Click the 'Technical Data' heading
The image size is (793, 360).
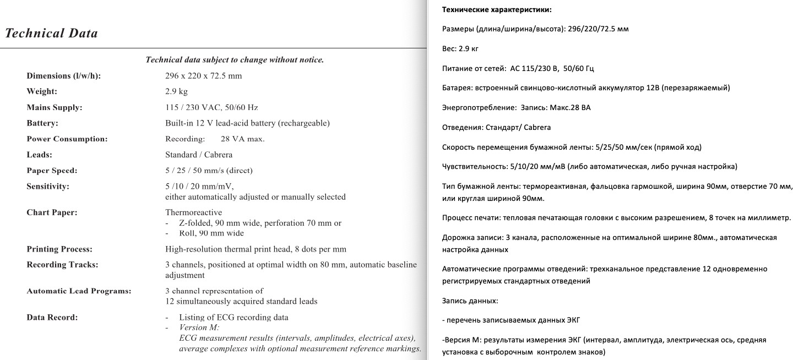(x=51, y=34)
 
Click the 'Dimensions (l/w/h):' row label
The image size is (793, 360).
(x=64, y=76)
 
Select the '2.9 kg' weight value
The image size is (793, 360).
(x=176, y=91)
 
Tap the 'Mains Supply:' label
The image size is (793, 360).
(x=54, y=107)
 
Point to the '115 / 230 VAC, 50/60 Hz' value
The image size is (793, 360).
(x=211, y=107)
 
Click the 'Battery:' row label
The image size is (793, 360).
(x=42, y=123)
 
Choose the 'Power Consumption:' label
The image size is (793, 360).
(x=67, y=139)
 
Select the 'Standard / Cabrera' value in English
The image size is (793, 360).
(x=199, y=155)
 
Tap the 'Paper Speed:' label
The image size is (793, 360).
(x=52, y=171)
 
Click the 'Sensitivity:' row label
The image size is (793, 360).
(x=48, y=187)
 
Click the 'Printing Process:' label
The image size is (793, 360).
(x=59, y=249)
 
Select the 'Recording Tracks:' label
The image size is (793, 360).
(x=62, y=265)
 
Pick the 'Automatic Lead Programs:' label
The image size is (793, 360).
(x=79, y=291)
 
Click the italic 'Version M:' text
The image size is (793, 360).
(x=199, y=328)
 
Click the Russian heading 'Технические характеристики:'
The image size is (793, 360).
(x=497, y=10)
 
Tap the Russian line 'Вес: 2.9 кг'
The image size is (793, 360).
(x=460, y=49)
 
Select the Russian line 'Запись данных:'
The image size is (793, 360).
(x=470, y=301)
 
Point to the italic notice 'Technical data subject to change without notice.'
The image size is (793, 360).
(x=235, y=60)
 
